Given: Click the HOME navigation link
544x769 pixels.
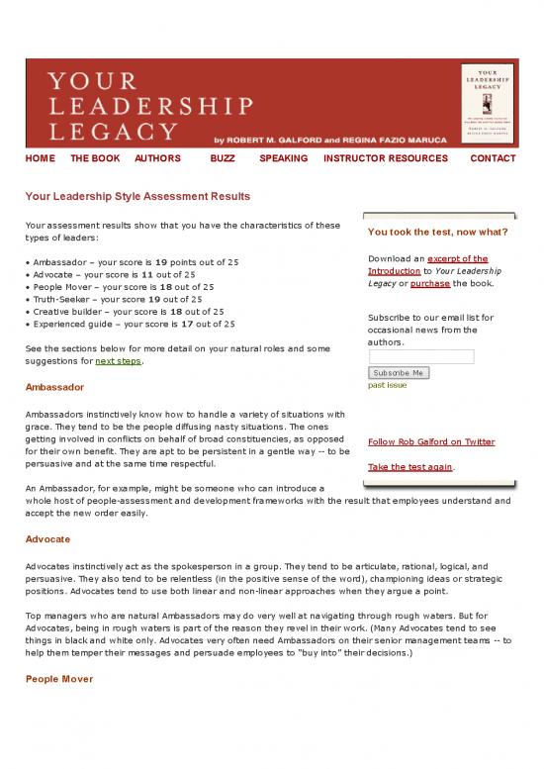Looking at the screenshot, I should click(40, 158).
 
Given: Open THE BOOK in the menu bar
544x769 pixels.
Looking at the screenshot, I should click(95, 158).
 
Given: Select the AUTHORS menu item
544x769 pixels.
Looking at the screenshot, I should click(157, 158).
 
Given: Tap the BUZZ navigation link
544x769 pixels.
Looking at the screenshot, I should click(224, 158).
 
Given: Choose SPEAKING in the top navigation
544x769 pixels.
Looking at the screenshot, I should click(283, 158).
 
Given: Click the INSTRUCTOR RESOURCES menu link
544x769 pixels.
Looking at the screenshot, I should click(385, 158).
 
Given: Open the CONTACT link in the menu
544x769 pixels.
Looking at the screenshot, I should click(493, 158).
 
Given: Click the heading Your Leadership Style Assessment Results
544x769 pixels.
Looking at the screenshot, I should click(137, 196).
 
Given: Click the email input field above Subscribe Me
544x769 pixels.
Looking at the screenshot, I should click(420, 356).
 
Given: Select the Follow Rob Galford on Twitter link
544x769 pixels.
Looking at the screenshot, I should click(430, 441).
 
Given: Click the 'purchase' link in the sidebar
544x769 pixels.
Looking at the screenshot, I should click(430, 283).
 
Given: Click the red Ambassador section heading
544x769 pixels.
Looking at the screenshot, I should click(54, 386).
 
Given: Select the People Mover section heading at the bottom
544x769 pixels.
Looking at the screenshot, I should click(60, 680).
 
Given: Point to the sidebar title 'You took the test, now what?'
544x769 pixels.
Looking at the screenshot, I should click(437, 234).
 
